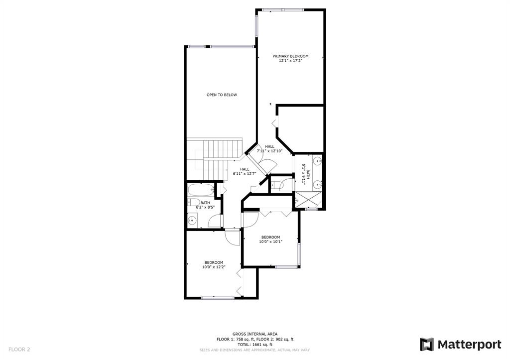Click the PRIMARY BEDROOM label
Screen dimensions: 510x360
[290, 56]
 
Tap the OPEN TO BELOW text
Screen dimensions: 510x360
[222, 95]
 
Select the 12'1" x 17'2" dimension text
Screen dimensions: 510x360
[290, 60]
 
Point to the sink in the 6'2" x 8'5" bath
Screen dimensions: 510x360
[193, 221]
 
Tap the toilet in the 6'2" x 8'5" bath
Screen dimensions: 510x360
[194, 202]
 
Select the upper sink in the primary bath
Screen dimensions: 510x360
[317, 161]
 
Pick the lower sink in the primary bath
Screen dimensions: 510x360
[317, 185]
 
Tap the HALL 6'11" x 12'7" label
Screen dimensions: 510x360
[245, 171]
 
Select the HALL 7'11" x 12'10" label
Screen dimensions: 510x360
[269, 148]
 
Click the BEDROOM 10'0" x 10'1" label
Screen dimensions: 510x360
[270, 240]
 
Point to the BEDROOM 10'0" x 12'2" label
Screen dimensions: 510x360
[214, 265]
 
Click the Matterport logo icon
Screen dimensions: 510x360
[427, 345]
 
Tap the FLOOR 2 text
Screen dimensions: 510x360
[19, 350]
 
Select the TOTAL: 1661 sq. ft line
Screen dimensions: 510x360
[255, 345]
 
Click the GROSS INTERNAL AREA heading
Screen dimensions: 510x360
[255, 334]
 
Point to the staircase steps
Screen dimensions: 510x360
[223, 149]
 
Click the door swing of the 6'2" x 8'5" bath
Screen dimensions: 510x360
[214, 221]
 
